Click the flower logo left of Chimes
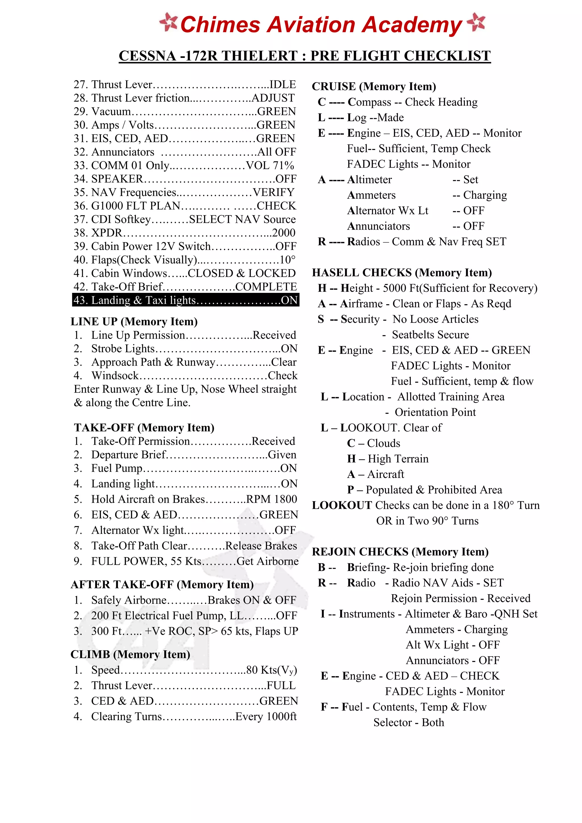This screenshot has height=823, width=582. pos(168,22)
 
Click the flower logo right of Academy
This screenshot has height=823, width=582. pos(476,22)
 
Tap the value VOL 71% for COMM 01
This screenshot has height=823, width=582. pos(270,166)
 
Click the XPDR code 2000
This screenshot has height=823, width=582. pos(284,233)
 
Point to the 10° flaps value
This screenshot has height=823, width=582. pos(288,260)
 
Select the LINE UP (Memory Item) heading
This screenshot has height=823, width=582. pos(134,322)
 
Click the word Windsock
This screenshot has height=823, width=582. pos(115,376)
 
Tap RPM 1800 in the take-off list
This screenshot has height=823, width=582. pos(271,499)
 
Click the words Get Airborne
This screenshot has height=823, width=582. pos(267,561)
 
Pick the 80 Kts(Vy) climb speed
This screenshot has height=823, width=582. pos(271,670)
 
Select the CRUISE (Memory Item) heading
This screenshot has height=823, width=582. pos(374,86)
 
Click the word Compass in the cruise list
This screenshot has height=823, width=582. pos(369,102)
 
